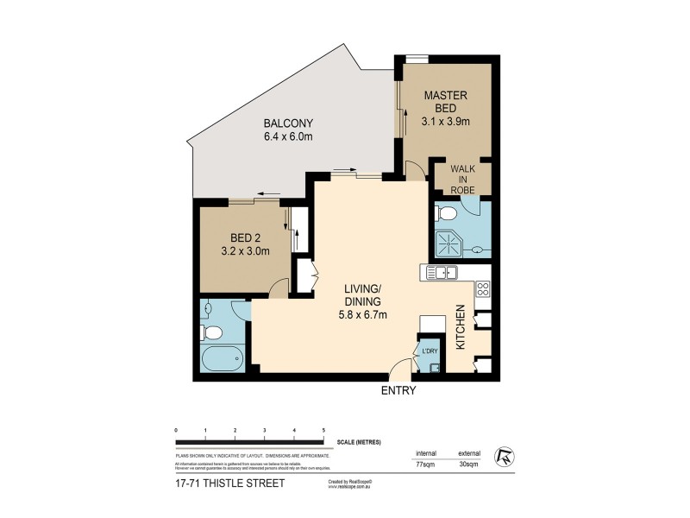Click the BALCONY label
coord(288,123)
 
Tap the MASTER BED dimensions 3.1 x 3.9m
coord(445,122)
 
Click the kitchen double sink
coord(442,274)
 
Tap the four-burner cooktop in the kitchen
coord(483,290)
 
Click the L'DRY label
coord(429,351)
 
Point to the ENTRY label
coord(398,390)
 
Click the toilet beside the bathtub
coord(212,332)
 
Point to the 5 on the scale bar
coord(323,430)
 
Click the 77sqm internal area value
coord(425,464)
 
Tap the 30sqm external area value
coord(469,464)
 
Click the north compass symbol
coord(504,456)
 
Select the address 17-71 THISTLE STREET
coord(229,483)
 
